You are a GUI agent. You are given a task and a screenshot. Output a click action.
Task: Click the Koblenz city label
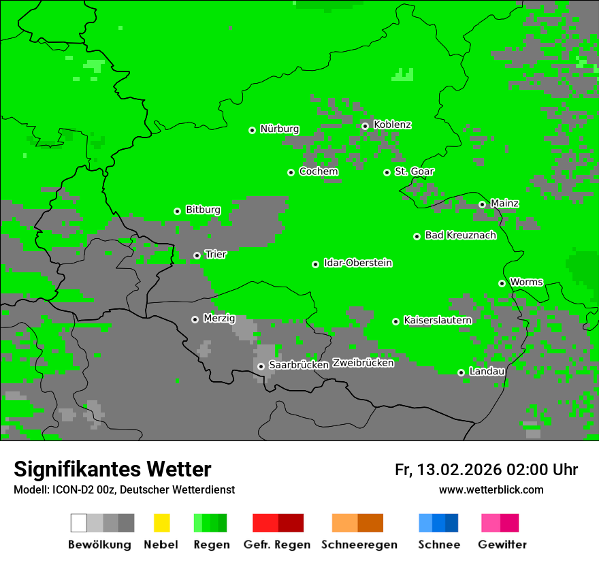coord(392,125)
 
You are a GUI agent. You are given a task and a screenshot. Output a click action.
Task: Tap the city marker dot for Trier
coord(197,255)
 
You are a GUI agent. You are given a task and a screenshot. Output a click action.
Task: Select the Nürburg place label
coord(279,129)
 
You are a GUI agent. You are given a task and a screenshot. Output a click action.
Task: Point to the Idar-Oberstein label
coord(357,263)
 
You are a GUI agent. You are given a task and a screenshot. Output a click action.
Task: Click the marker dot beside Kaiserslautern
coord(395,321)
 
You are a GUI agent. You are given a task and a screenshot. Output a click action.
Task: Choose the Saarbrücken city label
coord(299,365)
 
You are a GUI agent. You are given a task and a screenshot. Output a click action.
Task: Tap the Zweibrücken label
coord(363,363)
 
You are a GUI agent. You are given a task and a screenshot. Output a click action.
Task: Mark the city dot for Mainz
coord(482,204)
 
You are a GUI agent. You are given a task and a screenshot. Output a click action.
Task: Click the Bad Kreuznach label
coord(460,236)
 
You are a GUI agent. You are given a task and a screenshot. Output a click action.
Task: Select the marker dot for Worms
coord(502,283)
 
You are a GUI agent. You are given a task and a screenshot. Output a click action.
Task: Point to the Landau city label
coord(487,372)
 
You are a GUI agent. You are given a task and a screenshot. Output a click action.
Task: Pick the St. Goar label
coord(414,172)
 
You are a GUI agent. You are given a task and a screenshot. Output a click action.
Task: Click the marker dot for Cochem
coord(291,172)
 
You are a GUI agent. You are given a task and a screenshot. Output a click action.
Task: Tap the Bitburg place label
coord(203,210)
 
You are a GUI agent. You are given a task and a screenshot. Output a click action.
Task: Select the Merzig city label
coord(219,319)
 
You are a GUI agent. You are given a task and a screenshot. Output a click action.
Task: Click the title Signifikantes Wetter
coord(112,470)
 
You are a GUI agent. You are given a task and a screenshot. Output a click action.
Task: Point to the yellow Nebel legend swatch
coord(161,523)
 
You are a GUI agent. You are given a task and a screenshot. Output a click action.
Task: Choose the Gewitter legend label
coord(502,545)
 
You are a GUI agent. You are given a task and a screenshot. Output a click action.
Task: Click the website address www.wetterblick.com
coord(491,490)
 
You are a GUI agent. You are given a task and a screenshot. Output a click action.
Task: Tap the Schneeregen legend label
coord(359,545)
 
